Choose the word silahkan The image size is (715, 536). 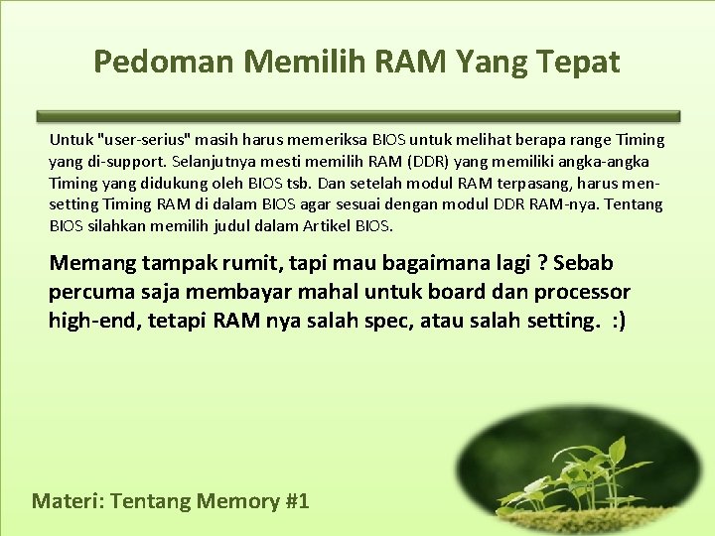tap(118, 225)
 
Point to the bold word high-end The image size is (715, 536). tap(93, 320)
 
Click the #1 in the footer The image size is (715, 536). tap(296, 500)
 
